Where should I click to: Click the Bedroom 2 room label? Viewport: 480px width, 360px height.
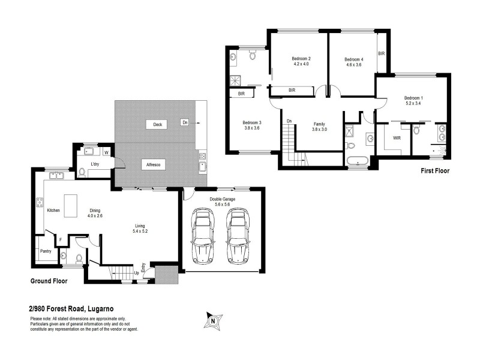301,58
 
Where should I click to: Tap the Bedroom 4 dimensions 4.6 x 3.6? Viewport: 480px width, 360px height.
354,65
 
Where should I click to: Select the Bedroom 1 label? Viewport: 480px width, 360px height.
413,98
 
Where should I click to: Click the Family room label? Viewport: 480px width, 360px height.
319,124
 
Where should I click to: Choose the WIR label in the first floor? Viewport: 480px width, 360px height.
397,137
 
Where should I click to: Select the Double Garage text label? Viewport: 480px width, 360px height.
223,199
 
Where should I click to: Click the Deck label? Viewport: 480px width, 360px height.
158,125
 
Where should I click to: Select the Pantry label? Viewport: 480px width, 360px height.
46,252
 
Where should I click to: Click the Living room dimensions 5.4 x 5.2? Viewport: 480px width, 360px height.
141,231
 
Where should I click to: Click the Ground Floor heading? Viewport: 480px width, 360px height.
49,281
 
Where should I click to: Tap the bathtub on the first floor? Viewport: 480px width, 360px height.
359,161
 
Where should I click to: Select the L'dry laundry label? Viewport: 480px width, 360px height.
95,164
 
